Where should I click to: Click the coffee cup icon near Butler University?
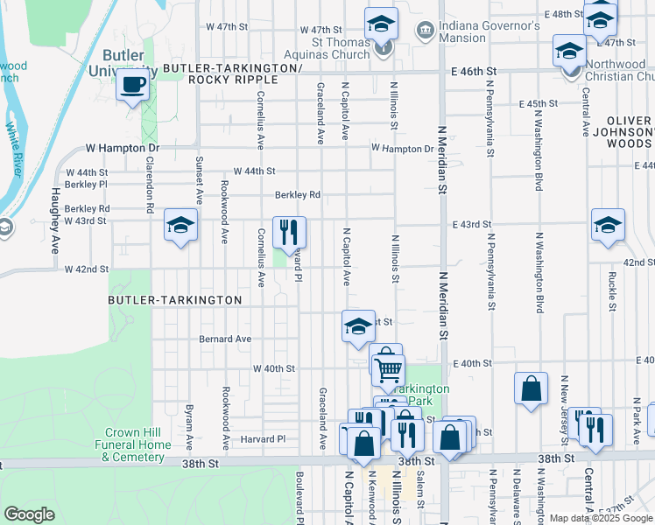click(131, 86)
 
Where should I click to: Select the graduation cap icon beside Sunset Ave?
click(180, 227)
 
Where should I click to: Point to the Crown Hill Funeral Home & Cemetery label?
click(137, 444)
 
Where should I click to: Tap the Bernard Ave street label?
click(225, 339)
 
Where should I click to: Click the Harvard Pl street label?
click(263, 438)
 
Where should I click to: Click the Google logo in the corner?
click(29, 514)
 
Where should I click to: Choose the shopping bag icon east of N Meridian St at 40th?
click(531, 388)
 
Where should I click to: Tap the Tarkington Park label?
click(423, 395)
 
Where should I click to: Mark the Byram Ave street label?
click(189, 421)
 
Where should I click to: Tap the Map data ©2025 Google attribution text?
click(600, 518)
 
